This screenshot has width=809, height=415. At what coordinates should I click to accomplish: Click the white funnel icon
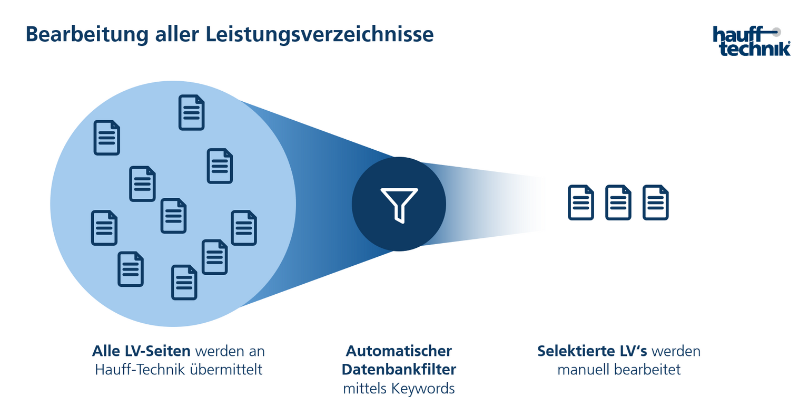tap(399, 205)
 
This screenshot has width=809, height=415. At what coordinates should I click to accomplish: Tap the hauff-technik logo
tap(752, 41)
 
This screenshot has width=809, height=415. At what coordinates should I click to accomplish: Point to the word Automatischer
tap(399, 351)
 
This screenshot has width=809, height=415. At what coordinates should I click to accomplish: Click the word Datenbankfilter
tap(399, 369)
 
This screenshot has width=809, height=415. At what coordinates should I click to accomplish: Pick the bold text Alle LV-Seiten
tap(141, 351)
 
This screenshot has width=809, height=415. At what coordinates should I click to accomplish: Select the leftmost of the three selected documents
tap(580, 202)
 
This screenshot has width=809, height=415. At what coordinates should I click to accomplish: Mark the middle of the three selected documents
tap(618, 202)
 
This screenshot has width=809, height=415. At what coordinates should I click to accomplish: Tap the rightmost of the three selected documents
tap(655, 202)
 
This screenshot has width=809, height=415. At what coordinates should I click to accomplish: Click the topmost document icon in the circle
tap(191, 112)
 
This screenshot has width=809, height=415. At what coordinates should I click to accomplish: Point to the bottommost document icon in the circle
tap(184, 283)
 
